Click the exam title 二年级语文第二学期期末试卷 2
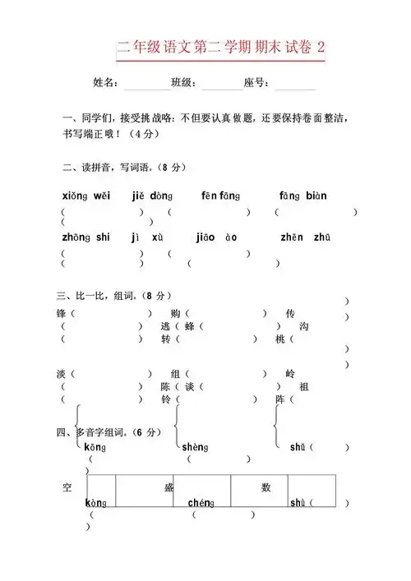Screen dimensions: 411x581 pos(220,48)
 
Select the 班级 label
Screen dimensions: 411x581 pos(182,83)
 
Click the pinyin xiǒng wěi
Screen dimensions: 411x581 pos(85,196)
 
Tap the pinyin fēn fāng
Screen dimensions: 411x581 pos(220,196)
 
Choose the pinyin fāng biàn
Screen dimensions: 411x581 pos(302,196)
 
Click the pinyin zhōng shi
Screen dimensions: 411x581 pos(85,237)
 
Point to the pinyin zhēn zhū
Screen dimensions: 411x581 pos(305,237)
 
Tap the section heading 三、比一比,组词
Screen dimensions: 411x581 pos(113,294)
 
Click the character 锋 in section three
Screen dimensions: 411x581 pos(61,314)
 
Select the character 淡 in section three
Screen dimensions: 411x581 pos(61,373)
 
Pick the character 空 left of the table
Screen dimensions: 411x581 pos(67,487)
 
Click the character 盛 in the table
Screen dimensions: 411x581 pos(169,487)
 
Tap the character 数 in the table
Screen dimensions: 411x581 pos(266,487)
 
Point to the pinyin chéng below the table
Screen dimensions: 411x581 pos(201,502)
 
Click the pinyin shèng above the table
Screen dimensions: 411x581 pos(194,447)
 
